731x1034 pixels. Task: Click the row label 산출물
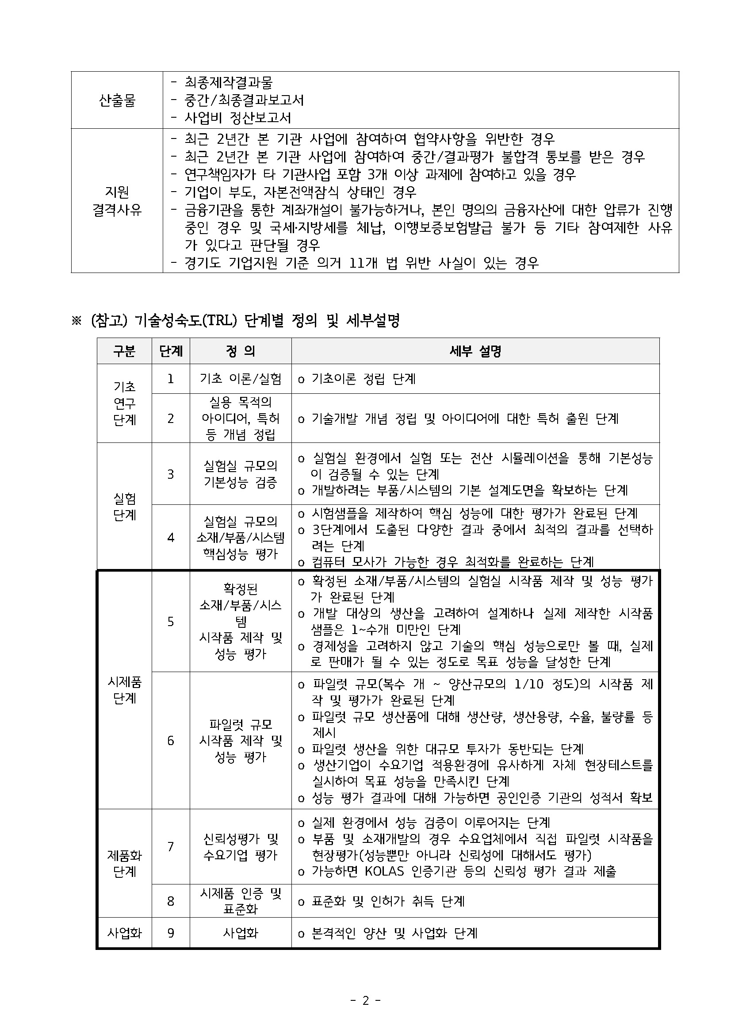click(x=117, y=100)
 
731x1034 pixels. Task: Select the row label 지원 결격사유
click(x=117, y=201)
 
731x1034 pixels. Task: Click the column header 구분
click(x=124, y=351)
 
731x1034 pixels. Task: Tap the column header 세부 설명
click(x=475, y=351)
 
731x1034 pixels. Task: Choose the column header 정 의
click(x=241, y=351)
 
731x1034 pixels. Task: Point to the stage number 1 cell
click(x=171, y=379)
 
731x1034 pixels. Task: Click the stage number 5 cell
click(x=171, y=622)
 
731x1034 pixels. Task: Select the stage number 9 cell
click(x=171, y=933)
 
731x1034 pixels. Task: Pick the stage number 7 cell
click(x=171, y=847)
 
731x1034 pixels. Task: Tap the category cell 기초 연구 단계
click(x=124, y=403)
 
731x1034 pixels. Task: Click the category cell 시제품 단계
click(x=124, y=690)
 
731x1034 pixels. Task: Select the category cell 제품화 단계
click(x=124, y=863)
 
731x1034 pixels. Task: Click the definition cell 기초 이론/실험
click(x=241, y=379)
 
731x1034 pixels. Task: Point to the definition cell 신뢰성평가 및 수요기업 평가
click(x=241, y=847)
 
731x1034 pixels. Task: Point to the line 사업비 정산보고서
click(x=237, y=118)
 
